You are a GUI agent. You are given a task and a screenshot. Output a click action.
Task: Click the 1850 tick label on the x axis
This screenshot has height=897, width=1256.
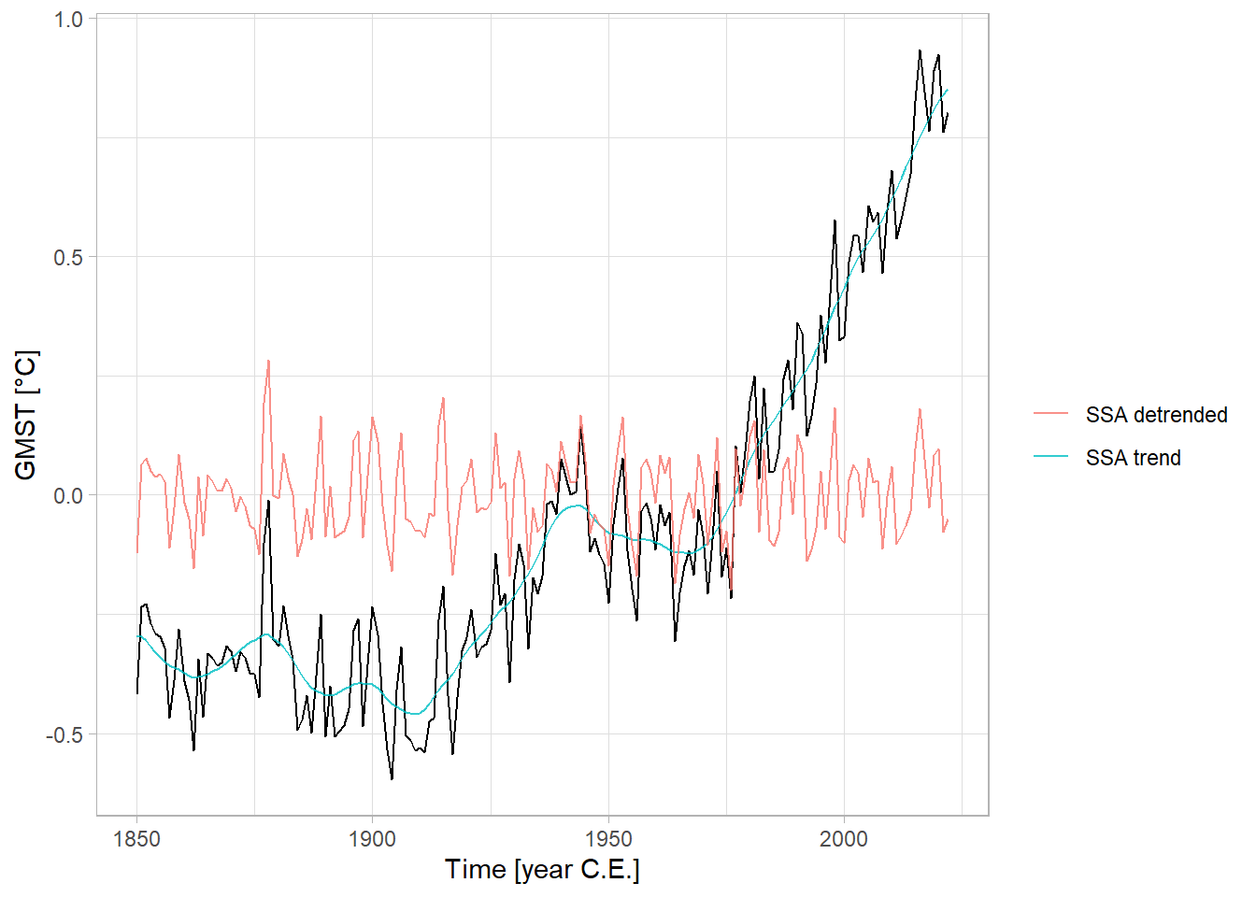pyautogui.click(x=136, y=839)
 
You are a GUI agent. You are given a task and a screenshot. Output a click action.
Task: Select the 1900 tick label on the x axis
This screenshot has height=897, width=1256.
pyautogui.click(x=372, y=839)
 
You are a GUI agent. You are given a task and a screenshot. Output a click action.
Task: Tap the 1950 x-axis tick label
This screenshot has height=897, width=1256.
pyautogui.click(x=608, y=839)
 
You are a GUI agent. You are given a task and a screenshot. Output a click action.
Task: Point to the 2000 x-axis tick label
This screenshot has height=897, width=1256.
pyautogui.click(x=844, y=839)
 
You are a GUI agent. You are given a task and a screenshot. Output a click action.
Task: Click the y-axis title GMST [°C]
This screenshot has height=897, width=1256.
pyautogui.click(x=26, y=415)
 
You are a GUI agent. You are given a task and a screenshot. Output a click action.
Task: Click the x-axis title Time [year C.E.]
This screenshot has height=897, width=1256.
pyautogui.click(x=542, y=870)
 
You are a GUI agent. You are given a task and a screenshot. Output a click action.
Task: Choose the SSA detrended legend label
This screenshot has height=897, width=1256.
pyautogui.click(x=1156, y=415)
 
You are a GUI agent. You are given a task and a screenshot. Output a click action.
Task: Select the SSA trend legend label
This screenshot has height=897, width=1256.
pyautogui.click(x=1133, y=458)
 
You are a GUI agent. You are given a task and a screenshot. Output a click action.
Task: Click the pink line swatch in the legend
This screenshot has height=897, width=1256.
pyautogui.click(x=1050, y=414)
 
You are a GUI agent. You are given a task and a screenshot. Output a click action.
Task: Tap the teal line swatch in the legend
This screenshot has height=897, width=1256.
pyautogui.click(x=1050, y=457)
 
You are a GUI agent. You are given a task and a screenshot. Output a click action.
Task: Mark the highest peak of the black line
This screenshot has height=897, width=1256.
pyautogui.click(x=920, y=50)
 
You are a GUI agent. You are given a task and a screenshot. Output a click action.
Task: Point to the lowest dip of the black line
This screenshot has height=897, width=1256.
pyautogui.click(x=392, y=778)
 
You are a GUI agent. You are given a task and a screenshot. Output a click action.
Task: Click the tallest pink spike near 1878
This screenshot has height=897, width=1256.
pyautogui.click(x=268, y=361)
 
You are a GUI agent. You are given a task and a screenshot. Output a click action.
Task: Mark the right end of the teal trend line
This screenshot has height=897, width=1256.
pyautogui.click(x=948, y=90)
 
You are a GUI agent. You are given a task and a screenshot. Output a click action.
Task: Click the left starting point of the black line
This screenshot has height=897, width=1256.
pyautogui.click(x=137, y=693)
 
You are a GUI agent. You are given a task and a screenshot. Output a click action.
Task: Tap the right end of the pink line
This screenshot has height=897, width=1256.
pyautogui.click(x=948, y=520)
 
